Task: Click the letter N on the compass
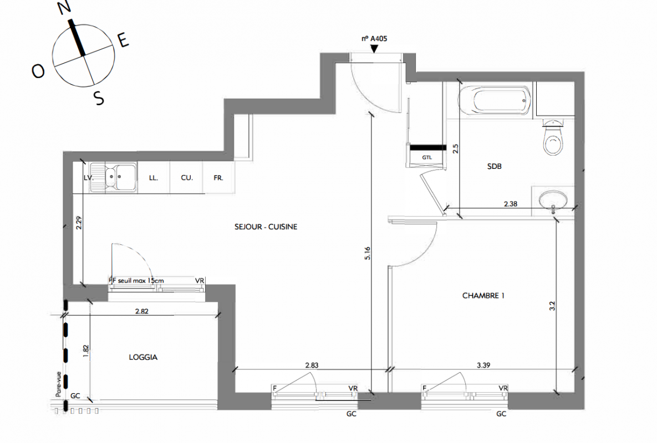pyautogui.click(x=64, y=8)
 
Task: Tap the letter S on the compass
pyautogui.click(x=99, y=99)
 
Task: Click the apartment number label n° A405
pyautogui.click(x=374, y=39)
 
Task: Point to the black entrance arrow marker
pyautogui.click(x=374, y=49)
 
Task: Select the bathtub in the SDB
pyautogui.click(x=495, y=100)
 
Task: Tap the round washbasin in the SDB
pyautogui.click(x=553, y=200)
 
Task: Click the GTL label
pyautogui.click(x=427, y=158)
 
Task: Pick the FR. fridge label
pyautogui.click(x=218, y=178)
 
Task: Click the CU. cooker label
pyautogui.click(x=187, y=178)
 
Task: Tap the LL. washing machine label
pyautogui.click(x=154, y=178)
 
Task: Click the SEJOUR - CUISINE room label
pyautogui.click(x=266, y=226)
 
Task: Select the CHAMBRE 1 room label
pyautogui.click(x=483, y=296)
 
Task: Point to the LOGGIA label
pyautogui.click(x=143, y=357)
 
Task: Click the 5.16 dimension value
pyautogui.click(x=368, y=253)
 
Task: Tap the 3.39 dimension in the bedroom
pyautogui.click(x=483, y=365)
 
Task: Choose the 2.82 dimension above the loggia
pyautogui.click(x=141, y=311)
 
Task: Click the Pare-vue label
pyautogui.click(x=59, y=384)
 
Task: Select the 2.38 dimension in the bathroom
pyautogui.click(x=510, y=204)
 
